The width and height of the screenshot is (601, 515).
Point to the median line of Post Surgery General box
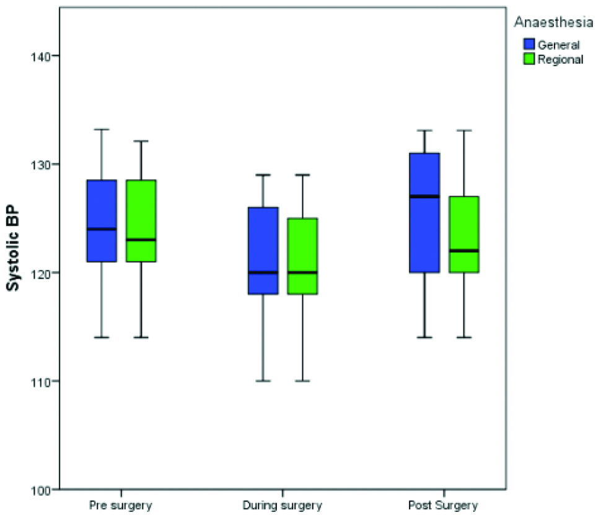[x=424, y=196]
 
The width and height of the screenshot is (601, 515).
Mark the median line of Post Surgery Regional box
[x=463, y=251]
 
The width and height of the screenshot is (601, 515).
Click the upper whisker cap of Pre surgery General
[x=102, y=129]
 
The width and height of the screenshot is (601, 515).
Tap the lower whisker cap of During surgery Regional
[x=302, y=381]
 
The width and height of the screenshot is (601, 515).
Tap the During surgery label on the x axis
[x=283, y=505]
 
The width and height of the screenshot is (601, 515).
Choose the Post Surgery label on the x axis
[x=444, y=505]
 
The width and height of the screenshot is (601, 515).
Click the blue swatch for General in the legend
[x=529, y=44]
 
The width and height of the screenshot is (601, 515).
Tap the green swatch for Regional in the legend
[x=529, y=59]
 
